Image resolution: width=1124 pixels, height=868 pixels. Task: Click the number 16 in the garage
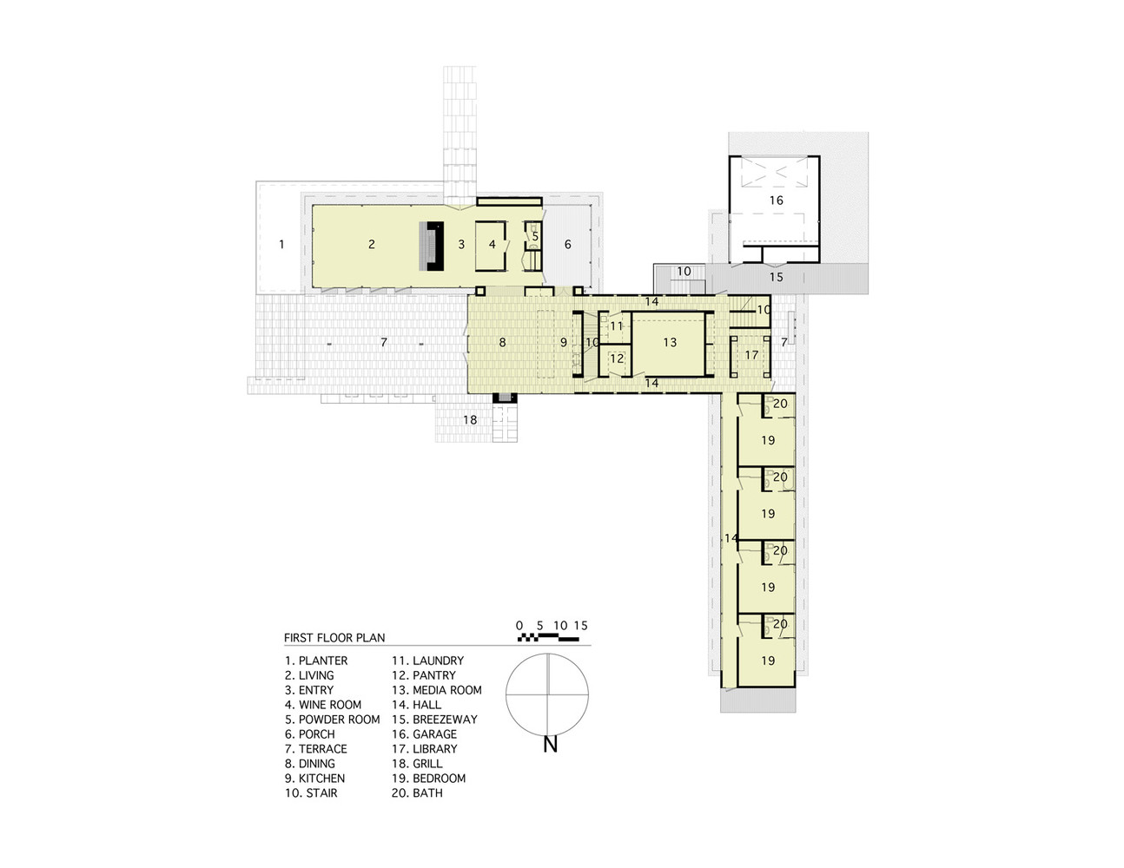coord(776,201)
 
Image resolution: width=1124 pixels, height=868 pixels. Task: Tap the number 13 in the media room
coord(670,342)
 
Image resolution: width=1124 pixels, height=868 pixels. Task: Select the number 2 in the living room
coord(372,245)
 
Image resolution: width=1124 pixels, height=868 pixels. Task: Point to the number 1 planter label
coord(281,245)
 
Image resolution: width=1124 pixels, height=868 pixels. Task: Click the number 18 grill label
coord(470,420)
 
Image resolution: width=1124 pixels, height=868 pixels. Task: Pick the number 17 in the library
coord(751,355)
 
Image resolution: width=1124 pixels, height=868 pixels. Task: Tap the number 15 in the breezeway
coord(776,277)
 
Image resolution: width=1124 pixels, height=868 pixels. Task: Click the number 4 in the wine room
coord(492,245)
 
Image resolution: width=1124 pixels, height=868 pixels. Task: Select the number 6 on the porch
coord(567,245)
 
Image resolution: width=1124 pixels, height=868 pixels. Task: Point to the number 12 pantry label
coord(617,358)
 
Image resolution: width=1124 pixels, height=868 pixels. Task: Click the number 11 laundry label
coord(616,326)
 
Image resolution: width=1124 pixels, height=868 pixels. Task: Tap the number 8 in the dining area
coord(502,342)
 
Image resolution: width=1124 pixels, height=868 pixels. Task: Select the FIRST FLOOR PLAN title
coord(334,638)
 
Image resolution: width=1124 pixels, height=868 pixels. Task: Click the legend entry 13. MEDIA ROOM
coord(437,690)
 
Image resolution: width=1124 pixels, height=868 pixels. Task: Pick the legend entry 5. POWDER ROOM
coord(332,720)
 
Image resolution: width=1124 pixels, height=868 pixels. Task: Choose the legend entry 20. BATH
coord(417,793)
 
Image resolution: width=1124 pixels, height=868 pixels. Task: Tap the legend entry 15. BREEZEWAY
coord(434,720)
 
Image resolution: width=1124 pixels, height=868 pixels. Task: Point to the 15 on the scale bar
coord(581,626)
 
